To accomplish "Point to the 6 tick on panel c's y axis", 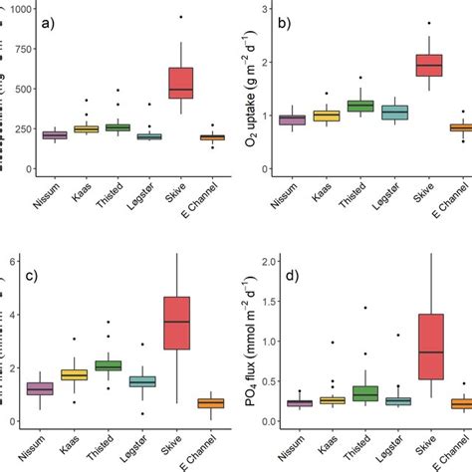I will (12, 261).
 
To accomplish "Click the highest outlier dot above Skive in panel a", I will (180, 17).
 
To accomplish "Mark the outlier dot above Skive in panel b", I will (428, 23).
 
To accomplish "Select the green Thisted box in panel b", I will (359, 107).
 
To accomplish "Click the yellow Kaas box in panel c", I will (74, 374).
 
